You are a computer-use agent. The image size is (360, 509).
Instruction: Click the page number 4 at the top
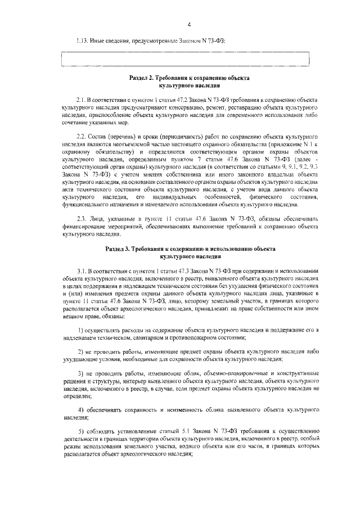(x=190, y=24)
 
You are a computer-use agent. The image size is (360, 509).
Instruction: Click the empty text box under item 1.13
(x=185, y=59)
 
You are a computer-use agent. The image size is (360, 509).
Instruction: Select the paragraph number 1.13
(x=84, y=41)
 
